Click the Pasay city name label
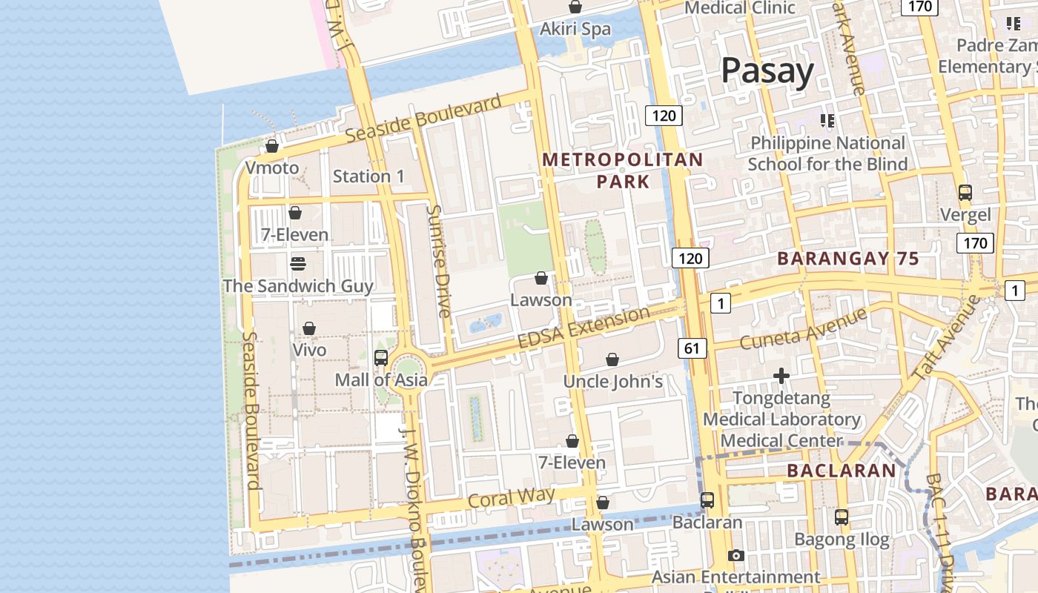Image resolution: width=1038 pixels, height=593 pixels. coord(767,71)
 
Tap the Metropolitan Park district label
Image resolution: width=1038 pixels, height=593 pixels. coord(623,170)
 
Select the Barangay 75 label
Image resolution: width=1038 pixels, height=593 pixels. coord(847,259)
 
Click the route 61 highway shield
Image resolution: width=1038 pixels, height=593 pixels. coord(691,348)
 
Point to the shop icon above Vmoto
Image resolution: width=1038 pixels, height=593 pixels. coord(272,147)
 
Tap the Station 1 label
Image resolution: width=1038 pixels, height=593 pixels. coord(368,176)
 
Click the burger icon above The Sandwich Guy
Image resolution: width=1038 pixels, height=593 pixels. coord(298,263)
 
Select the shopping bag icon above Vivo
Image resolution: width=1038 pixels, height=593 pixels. coord(309,328)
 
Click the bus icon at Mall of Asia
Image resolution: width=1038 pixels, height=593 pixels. coord(380,358)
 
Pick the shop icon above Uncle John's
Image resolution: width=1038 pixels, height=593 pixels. coord(612,360)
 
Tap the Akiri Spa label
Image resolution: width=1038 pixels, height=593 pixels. coord(575,29)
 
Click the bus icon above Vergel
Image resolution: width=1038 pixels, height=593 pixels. coord(965,193)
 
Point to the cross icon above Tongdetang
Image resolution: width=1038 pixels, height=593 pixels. coord(781,377)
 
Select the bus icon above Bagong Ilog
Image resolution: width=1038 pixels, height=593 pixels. coord(842,517)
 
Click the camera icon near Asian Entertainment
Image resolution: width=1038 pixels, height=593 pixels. coord(735,555)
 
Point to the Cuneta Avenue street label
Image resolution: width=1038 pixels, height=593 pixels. coord(803,329)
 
